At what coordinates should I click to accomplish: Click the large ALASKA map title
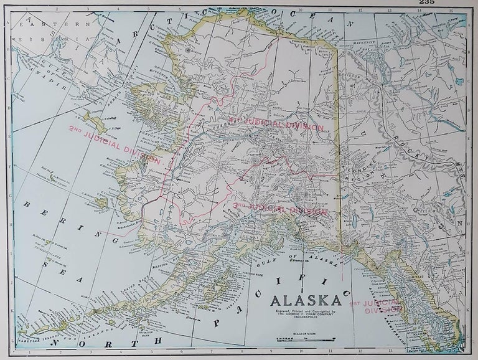pyautogui.click(x=306, y=298)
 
